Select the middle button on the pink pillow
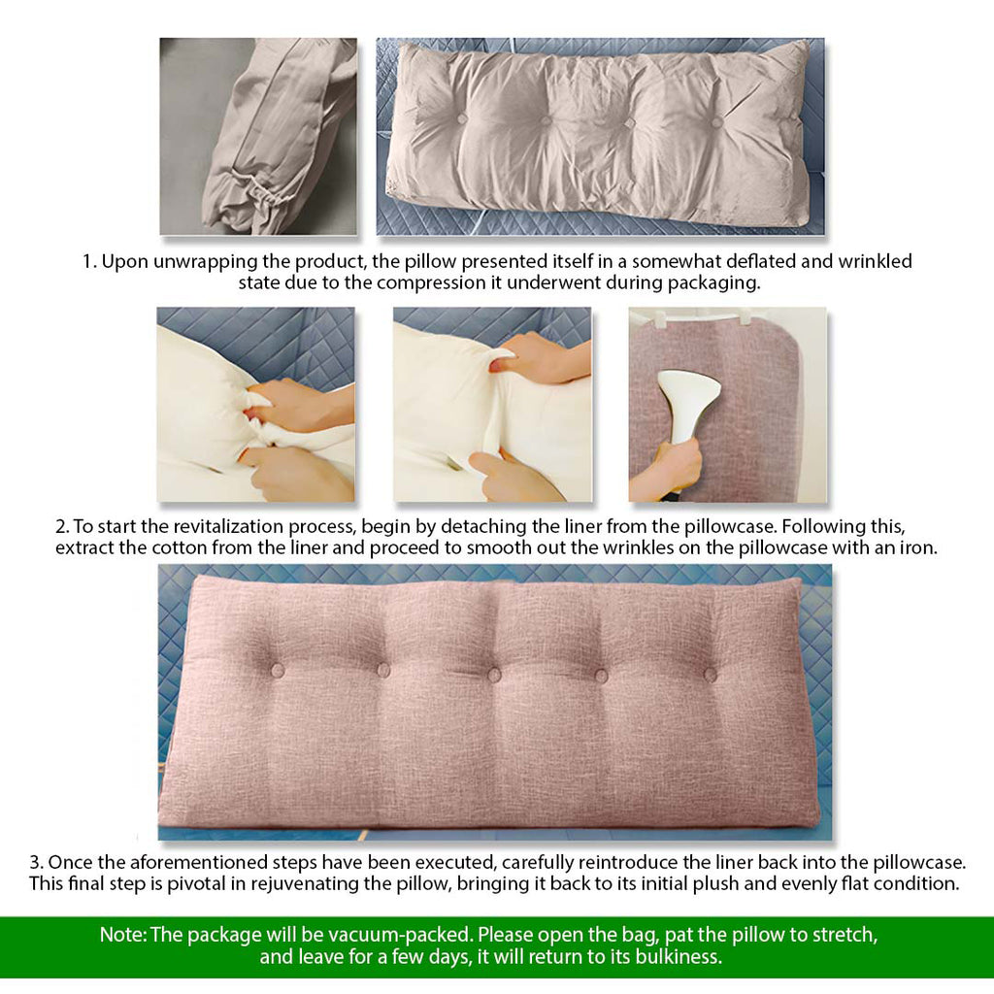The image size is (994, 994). (493, 675)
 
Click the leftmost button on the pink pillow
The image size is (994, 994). (277, 670)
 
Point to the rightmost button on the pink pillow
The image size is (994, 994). (710, 674)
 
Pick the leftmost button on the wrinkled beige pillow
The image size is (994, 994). (461, 119)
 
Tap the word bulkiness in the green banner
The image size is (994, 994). (679, 956)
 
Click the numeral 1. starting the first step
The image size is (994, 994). (89, 262)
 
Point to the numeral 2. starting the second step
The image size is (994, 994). (62, 527)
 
